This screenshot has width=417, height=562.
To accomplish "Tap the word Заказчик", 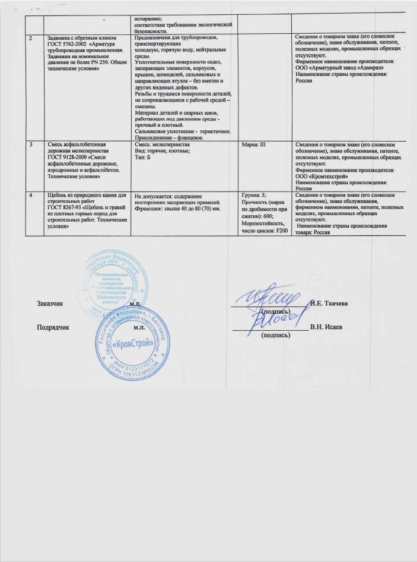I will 50,304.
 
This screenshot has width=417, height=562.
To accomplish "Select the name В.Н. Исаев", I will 329,327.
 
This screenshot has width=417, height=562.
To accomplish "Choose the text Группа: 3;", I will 256,195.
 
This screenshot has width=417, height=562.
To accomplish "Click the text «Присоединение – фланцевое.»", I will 169,138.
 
